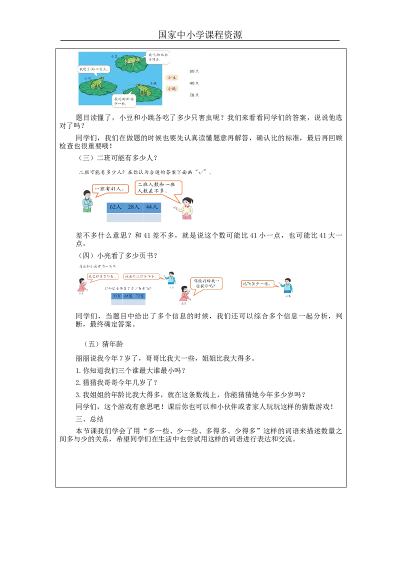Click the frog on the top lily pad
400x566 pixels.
[131, 61]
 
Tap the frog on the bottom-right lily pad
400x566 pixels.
[143, 90]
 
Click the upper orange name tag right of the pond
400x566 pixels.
[172, 77]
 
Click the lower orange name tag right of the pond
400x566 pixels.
[172, 88]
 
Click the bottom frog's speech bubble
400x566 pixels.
[125, 100]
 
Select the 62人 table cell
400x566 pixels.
[115, 206]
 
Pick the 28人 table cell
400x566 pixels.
[133, 206]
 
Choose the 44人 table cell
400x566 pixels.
[152, 206]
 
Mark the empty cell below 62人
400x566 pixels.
[115, 218]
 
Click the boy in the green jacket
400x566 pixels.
[87, 201]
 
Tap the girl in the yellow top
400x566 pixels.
[186, 207]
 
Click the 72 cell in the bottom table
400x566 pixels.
[140, 295]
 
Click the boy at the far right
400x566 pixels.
[288, 287]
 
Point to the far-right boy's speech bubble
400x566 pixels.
[257, 283]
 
